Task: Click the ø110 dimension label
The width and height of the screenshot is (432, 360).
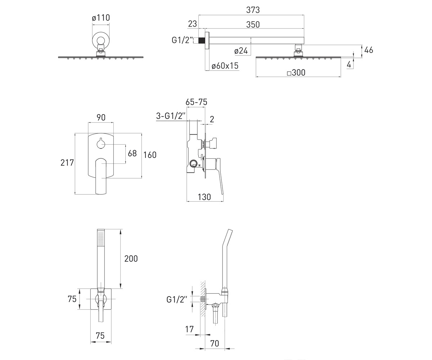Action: coord(101,18)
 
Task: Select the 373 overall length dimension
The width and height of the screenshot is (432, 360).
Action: coord(253,10)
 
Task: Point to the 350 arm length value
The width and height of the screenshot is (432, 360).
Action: coord(253,24)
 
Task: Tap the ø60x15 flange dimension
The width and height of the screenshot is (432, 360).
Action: coord(225,66)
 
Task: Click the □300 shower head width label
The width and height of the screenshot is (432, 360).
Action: coord(296,73)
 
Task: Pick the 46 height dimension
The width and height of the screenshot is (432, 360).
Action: coord(369,50)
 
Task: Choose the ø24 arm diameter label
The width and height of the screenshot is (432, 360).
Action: coord(241,51)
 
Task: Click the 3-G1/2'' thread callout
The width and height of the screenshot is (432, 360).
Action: coord(171,116)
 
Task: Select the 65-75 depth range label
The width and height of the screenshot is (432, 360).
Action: coord(196,102)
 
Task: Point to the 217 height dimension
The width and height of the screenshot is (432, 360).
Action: coord(67,163)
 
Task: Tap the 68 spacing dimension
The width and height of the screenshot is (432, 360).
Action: coord(132,153)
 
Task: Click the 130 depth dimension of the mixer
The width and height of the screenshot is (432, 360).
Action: coord(204,197)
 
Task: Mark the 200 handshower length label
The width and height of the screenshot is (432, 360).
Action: coord(131,258)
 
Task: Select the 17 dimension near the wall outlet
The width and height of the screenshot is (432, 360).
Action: coord(189,329)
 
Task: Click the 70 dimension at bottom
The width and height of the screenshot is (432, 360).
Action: coord(215,343)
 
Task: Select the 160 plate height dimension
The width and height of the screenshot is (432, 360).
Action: coord(150,155)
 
